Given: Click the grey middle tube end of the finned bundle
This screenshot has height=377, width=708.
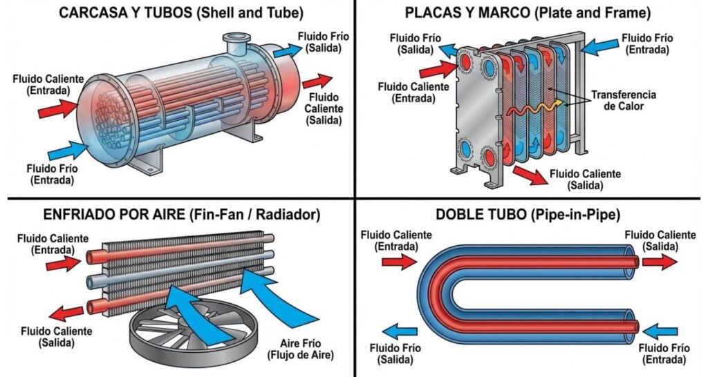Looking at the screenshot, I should tap(92, 281).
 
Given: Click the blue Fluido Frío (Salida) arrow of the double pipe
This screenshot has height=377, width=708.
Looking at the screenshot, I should tap(400, 330).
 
